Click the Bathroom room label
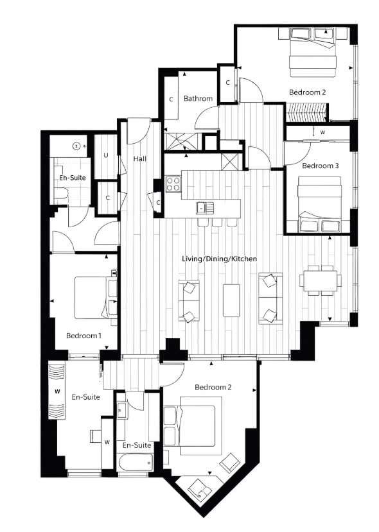click(198, 99)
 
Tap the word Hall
click(141, 159)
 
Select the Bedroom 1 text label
click(84, 336)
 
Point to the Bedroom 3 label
click(319, 166)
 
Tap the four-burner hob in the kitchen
click(173, 184)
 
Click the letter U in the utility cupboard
click(105, 155)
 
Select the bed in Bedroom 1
click(94, 296)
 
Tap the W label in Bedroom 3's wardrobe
click(322, 133)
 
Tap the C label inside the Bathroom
click(172, 99)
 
